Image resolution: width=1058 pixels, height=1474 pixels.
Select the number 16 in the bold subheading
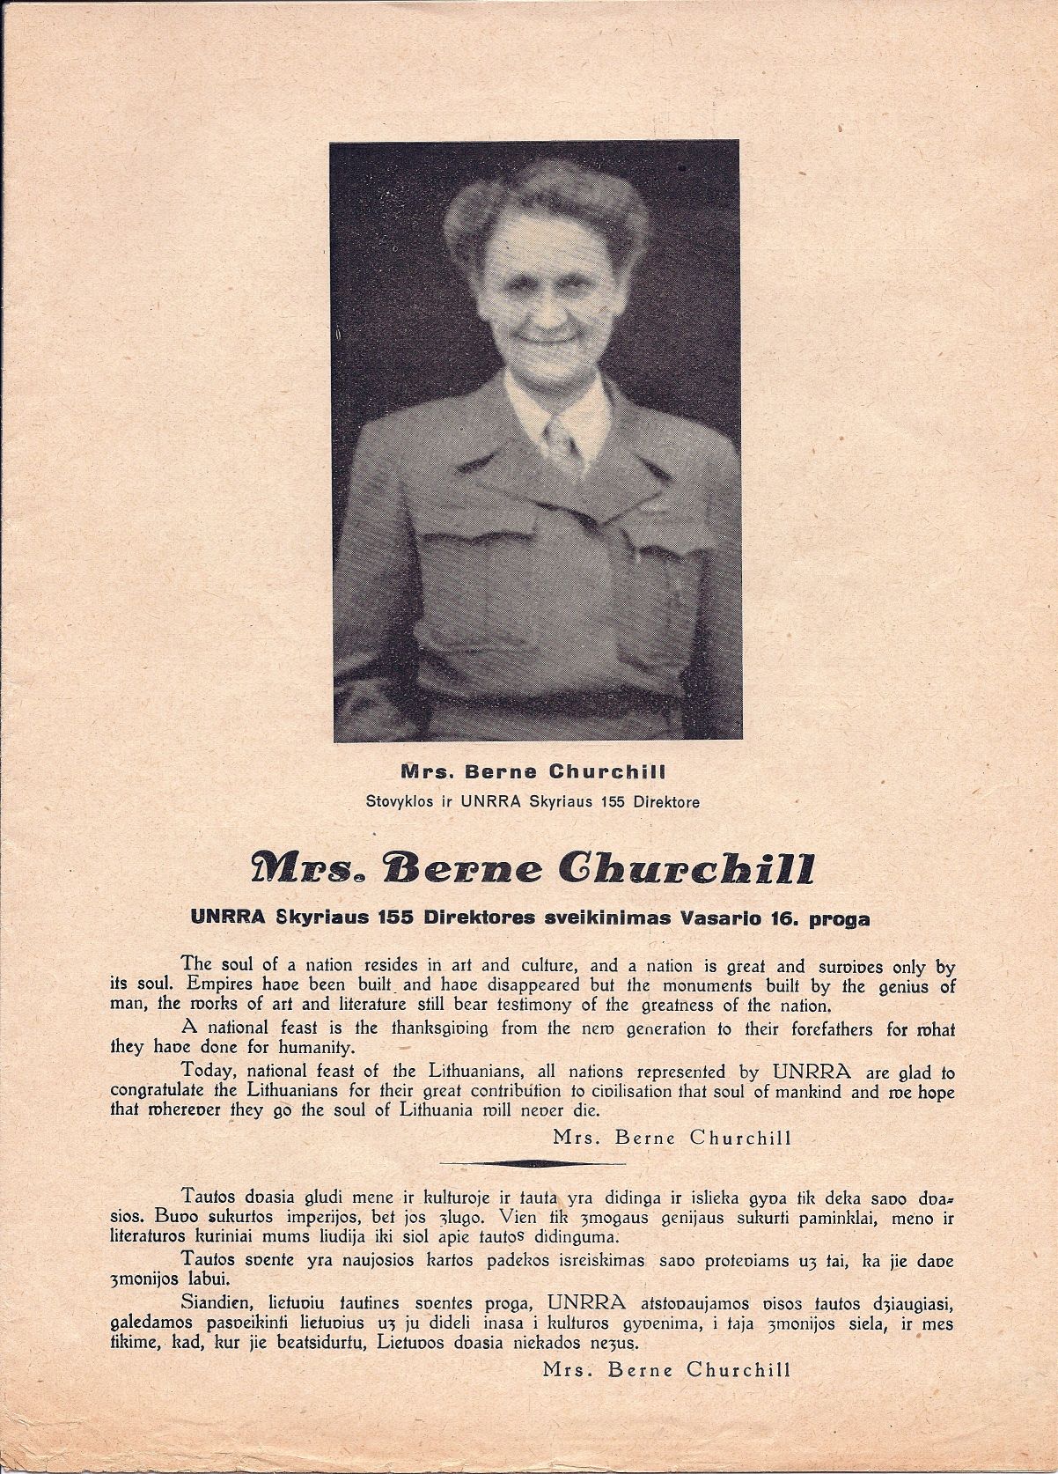click(775, 918)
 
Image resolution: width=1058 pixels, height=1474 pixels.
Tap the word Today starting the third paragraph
click(209, 1072)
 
